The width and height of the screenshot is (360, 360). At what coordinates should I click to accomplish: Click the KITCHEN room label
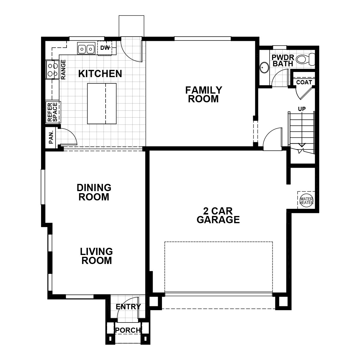100,74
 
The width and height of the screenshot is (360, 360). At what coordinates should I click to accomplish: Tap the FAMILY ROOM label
203,94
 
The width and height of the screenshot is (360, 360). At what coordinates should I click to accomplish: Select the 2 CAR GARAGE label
218,215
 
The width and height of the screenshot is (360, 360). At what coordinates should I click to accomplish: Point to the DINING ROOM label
94,192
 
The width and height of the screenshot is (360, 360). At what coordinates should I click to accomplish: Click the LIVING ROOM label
97,256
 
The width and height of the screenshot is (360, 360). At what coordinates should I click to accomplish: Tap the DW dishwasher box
105,48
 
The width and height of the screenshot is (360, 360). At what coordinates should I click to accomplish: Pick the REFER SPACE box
52,112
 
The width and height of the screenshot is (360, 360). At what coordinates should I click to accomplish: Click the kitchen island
102,103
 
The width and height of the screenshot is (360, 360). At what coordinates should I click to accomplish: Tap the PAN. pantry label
51,137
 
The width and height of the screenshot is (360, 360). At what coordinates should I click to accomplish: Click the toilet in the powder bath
305,59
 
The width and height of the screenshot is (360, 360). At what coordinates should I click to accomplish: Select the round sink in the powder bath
264,67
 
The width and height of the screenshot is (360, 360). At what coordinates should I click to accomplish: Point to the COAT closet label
304,82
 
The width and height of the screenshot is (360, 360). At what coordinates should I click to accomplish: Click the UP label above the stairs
302,109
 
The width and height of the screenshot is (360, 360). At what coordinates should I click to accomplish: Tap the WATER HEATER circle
306,200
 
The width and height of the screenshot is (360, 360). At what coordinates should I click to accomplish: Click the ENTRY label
128,307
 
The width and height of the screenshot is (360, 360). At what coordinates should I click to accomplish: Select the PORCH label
128,330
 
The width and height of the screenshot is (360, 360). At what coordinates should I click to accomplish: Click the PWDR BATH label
283,60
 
